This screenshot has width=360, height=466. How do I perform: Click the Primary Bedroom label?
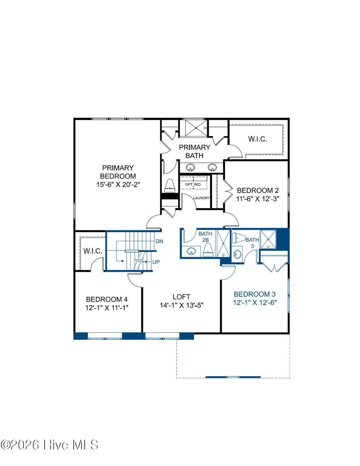tap(118, 172)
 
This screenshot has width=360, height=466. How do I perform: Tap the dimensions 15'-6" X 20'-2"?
tap(118, 184)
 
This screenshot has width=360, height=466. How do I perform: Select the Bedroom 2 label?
tap(258, 190)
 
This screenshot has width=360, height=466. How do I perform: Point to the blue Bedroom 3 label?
tap(255, 294)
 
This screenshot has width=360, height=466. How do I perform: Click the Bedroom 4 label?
tap(107, 299)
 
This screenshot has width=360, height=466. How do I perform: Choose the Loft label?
tap(181, 297)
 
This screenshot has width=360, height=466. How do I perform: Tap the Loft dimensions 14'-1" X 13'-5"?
tap(182, 305)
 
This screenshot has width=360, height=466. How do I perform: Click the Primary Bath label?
tap(194, 151)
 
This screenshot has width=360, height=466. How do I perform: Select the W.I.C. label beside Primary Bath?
tap(257, 139)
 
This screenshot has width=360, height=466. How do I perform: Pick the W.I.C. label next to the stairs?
tap(93, 251)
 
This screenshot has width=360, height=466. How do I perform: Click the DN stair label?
tap(159, 241)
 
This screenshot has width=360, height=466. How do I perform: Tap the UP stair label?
tap(156, 262)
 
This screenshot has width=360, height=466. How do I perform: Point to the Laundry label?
tap(201, 198)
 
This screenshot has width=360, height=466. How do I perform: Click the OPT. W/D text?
tap(193, 184)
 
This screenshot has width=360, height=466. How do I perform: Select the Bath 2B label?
tap(205, 236)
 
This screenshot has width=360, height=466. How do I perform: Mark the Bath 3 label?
tap(252, 243)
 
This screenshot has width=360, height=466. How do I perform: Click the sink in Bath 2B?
tap(191, 251)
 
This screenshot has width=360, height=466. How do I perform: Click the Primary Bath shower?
tap(194, 128)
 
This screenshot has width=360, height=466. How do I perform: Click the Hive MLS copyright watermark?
tap(50, 445)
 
